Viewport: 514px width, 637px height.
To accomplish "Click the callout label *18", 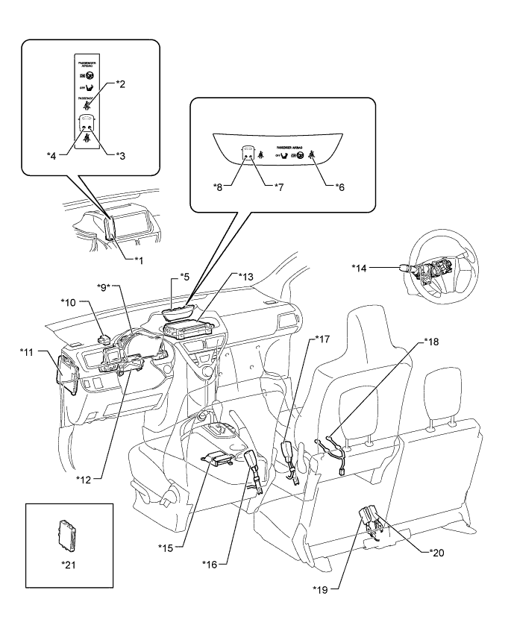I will (x=433, y=341).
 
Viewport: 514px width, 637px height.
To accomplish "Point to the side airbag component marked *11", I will (x=67, y=374).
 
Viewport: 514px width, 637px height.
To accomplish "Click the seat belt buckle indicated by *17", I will (x=289, y=454).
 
